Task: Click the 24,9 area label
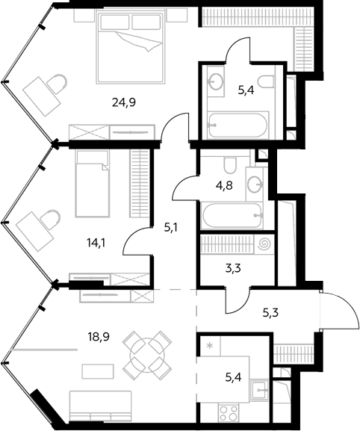click(124, 102)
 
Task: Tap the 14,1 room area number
click(96, 243)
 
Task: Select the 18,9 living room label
click(99, 336)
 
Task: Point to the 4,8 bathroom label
click(224, 185)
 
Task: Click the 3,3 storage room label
click(233, 267)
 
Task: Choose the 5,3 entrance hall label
click(270, 313)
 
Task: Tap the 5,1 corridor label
click(170, 228)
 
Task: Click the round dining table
click(147, 350)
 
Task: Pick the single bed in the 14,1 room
click(92, 183)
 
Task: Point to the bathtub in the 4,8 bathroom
click(232, 215)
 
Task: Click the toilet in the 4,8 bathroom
click(230, 164)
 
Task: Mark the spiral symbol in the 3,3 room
click(264, 244)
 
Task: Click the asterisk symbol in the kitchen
click(210, 345)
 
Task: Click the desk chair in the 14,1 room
click(50, 219)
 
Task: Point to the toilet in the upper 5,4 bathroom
click(266, 81)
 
